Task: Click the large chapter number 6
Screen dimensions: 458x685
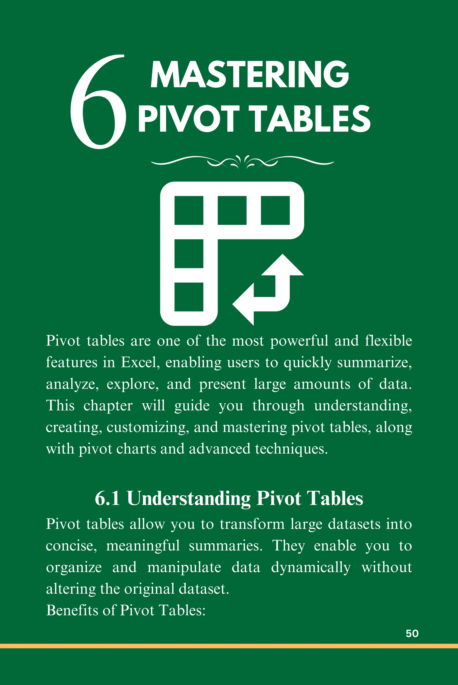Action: click(x=98, y=102)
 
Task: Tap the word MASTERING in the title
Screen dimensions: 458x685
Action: click(x=250, y=74)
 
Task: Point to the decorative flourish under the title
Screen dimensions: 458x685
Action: click(x=242, y=162)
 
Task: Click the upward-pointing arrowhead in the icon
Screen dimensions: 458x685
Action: click(x=282, y=265)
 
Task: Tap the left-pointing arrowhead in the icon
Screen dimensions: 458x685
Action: click(x=243, y=304)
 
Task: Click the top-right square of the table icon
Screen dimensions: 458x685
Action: click(x=275, y=210)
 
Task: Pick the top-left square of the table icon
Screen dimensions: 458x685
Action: click(x=189, y=210)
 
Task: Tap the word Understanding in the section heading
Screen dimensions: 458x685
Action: click(x=189, y=499)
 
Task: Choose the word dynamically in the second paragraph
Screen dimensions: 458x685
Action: click(x=311, y=568)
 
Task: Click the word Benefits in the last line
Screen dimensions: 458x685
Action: click(x=72, y=610)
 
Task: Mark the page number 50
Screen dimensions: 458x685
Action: click(x=412, y=633)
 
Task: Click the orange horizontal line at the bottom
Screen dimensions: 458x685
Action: click(x=229, y=646)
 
